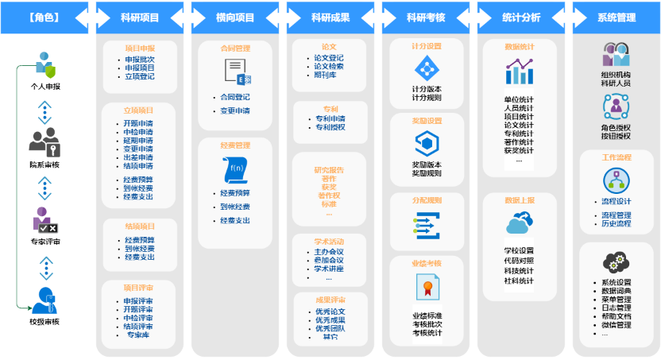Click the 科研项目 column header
[139, 17]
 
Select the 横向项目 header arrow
[234, 17]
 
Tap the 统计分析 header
[520, 17]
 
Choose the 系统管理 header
[616, 17]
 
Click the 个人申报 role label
[44, 86]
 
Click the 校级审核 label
[44, 321]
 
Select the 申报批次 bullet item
[139, 60]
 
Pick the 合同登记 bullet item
[234, 98]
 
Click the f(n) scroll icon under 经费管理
[236, 169]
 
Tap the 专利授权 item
[330, 127]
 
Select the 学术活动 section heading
[329, 240]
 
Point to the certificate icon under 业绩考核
[427, 286]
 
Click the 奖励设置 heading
[427, 121]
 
